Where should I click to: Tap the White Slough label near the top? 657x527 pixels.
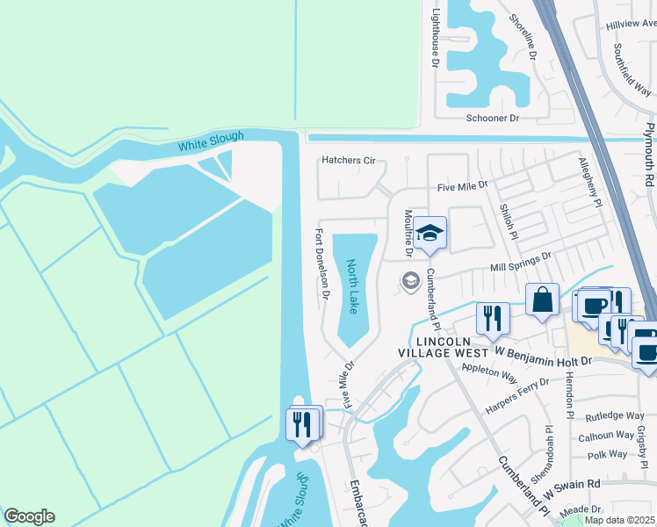point(211,141)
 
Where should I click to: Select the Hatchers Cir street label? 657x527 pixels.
point(349,161)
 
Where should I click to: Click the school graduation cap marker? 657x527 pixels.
point(430,234)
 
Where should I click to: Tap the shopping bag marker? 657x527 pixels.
point(543,300)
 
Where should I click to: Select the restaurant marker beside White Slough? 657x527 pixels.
point(302,425)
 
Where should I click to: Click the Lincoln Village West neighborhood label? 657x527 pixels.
point(451,347)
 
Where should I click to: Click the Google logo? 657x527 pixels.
point(28,516)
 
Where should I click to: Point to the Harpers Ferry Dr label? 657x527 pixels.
point(517,395)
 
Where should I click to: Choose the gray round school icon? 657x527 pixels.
point(409,281)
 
